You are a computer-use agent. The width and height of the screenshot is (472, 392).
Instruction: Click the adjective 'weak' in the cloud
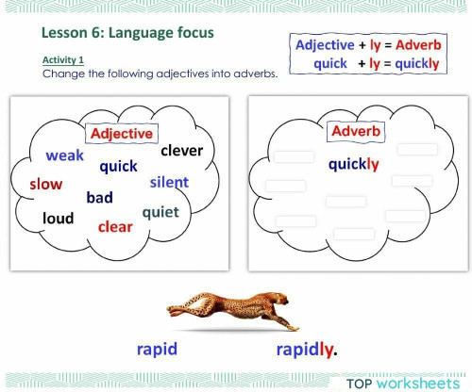point(65,155)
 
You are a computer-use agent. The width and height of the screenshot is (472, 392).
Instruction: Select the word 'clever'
point(182,150)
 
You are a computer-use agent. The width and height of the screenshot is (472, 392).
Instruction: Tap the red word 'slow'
point(45,184)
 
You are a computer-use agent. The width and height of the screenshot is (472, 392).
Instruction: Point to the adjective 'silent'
point(169,182)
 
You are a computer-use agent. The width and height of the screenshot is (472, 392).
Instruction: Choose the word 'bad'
point(99,198)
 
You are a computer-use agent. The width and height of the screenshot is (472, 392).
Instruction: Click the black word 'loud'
point(58,219)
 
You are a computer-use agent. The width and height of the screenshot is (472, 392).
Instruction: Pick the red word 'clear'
point(115,226)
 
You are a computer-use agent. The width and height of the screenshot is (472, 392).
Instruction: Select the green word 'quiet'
point(160,212)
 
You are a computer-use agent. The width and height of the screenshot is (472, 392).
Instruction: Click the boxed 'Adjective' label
point(121,134)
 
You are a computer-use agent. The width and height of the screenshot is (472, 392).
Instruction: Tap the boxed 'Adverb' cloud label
point(356,131)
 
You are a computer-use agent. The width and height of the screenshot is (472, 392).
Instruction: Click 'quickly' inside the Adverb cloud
point(354,164)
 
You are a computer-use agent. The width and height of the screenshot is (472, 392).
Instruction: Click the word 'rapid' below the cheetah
point(157,350)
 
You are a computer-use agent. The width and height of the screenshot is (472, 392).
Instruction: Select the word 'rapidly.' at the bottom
point(307,350)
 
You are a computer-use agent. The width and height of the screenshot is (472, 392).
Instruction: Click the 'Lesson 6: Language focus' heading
point(127,34)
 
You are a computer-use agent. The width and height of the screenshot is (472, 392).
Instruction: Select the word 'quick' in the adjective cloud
point(118,167)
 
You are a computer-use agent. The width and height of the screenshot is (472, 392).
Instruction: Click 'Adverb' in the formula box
point(412,45)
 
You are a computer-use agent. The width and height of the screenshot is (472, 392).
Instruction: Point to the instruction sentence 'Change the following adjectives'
point(160,73)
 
